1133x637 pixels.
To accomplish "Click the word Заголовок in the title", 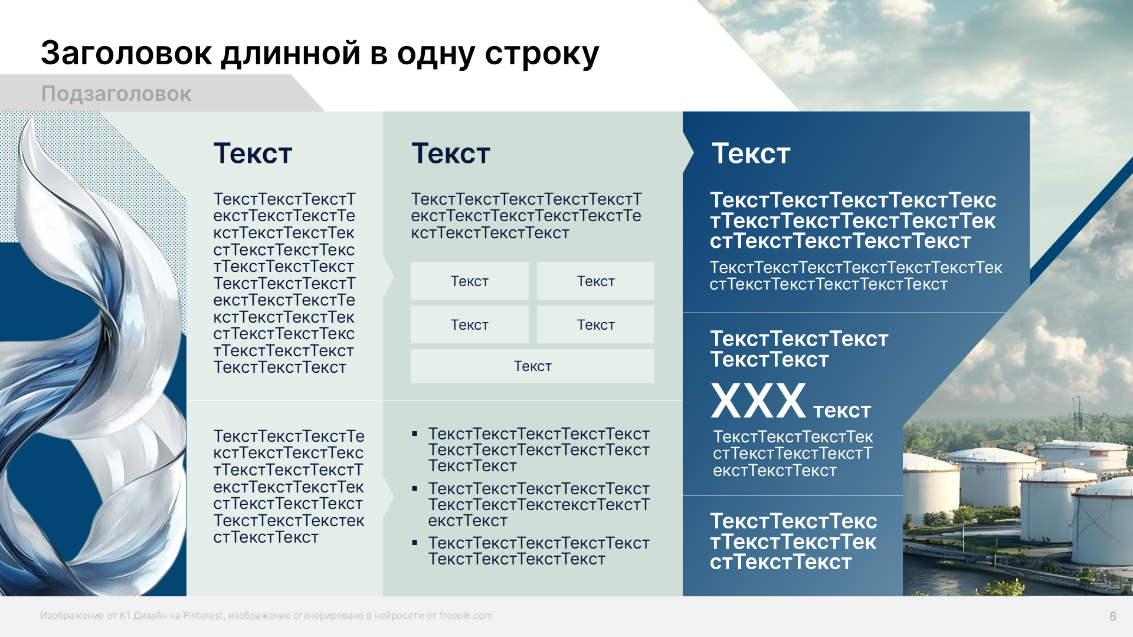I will [x=126, y=53].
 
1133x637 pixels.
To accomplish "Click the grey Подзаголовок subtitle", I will [x=116, y=94].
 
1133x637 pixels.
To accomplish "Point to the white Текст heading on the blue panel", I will [x=751, y=153].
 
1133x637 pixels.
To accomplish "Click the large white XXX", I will [x=758, y=402].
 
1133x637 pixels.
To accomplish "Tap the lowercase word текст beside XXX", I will [x=841, y=410].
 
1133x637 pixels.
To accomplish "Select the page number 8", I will [x=1112, y=616].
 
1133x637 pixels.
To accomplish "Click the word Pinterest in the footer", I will [x=202, y=616].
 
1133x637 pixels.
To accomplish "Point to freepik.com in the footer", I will [x=466, y=616].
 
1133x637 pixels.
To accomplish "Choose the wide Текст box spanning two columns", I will [x=532, y=366].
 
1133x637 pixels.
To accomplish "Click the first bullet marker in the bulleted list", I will [x=415, y=434].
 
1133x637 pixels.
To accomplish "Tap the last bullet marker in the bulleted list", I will [x=415, y=543].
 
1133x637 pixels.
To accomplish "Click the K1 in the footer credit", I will [x=125, y=616].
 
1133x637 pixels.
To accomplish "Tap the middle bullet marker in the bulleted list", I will [x=415, y=488].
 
